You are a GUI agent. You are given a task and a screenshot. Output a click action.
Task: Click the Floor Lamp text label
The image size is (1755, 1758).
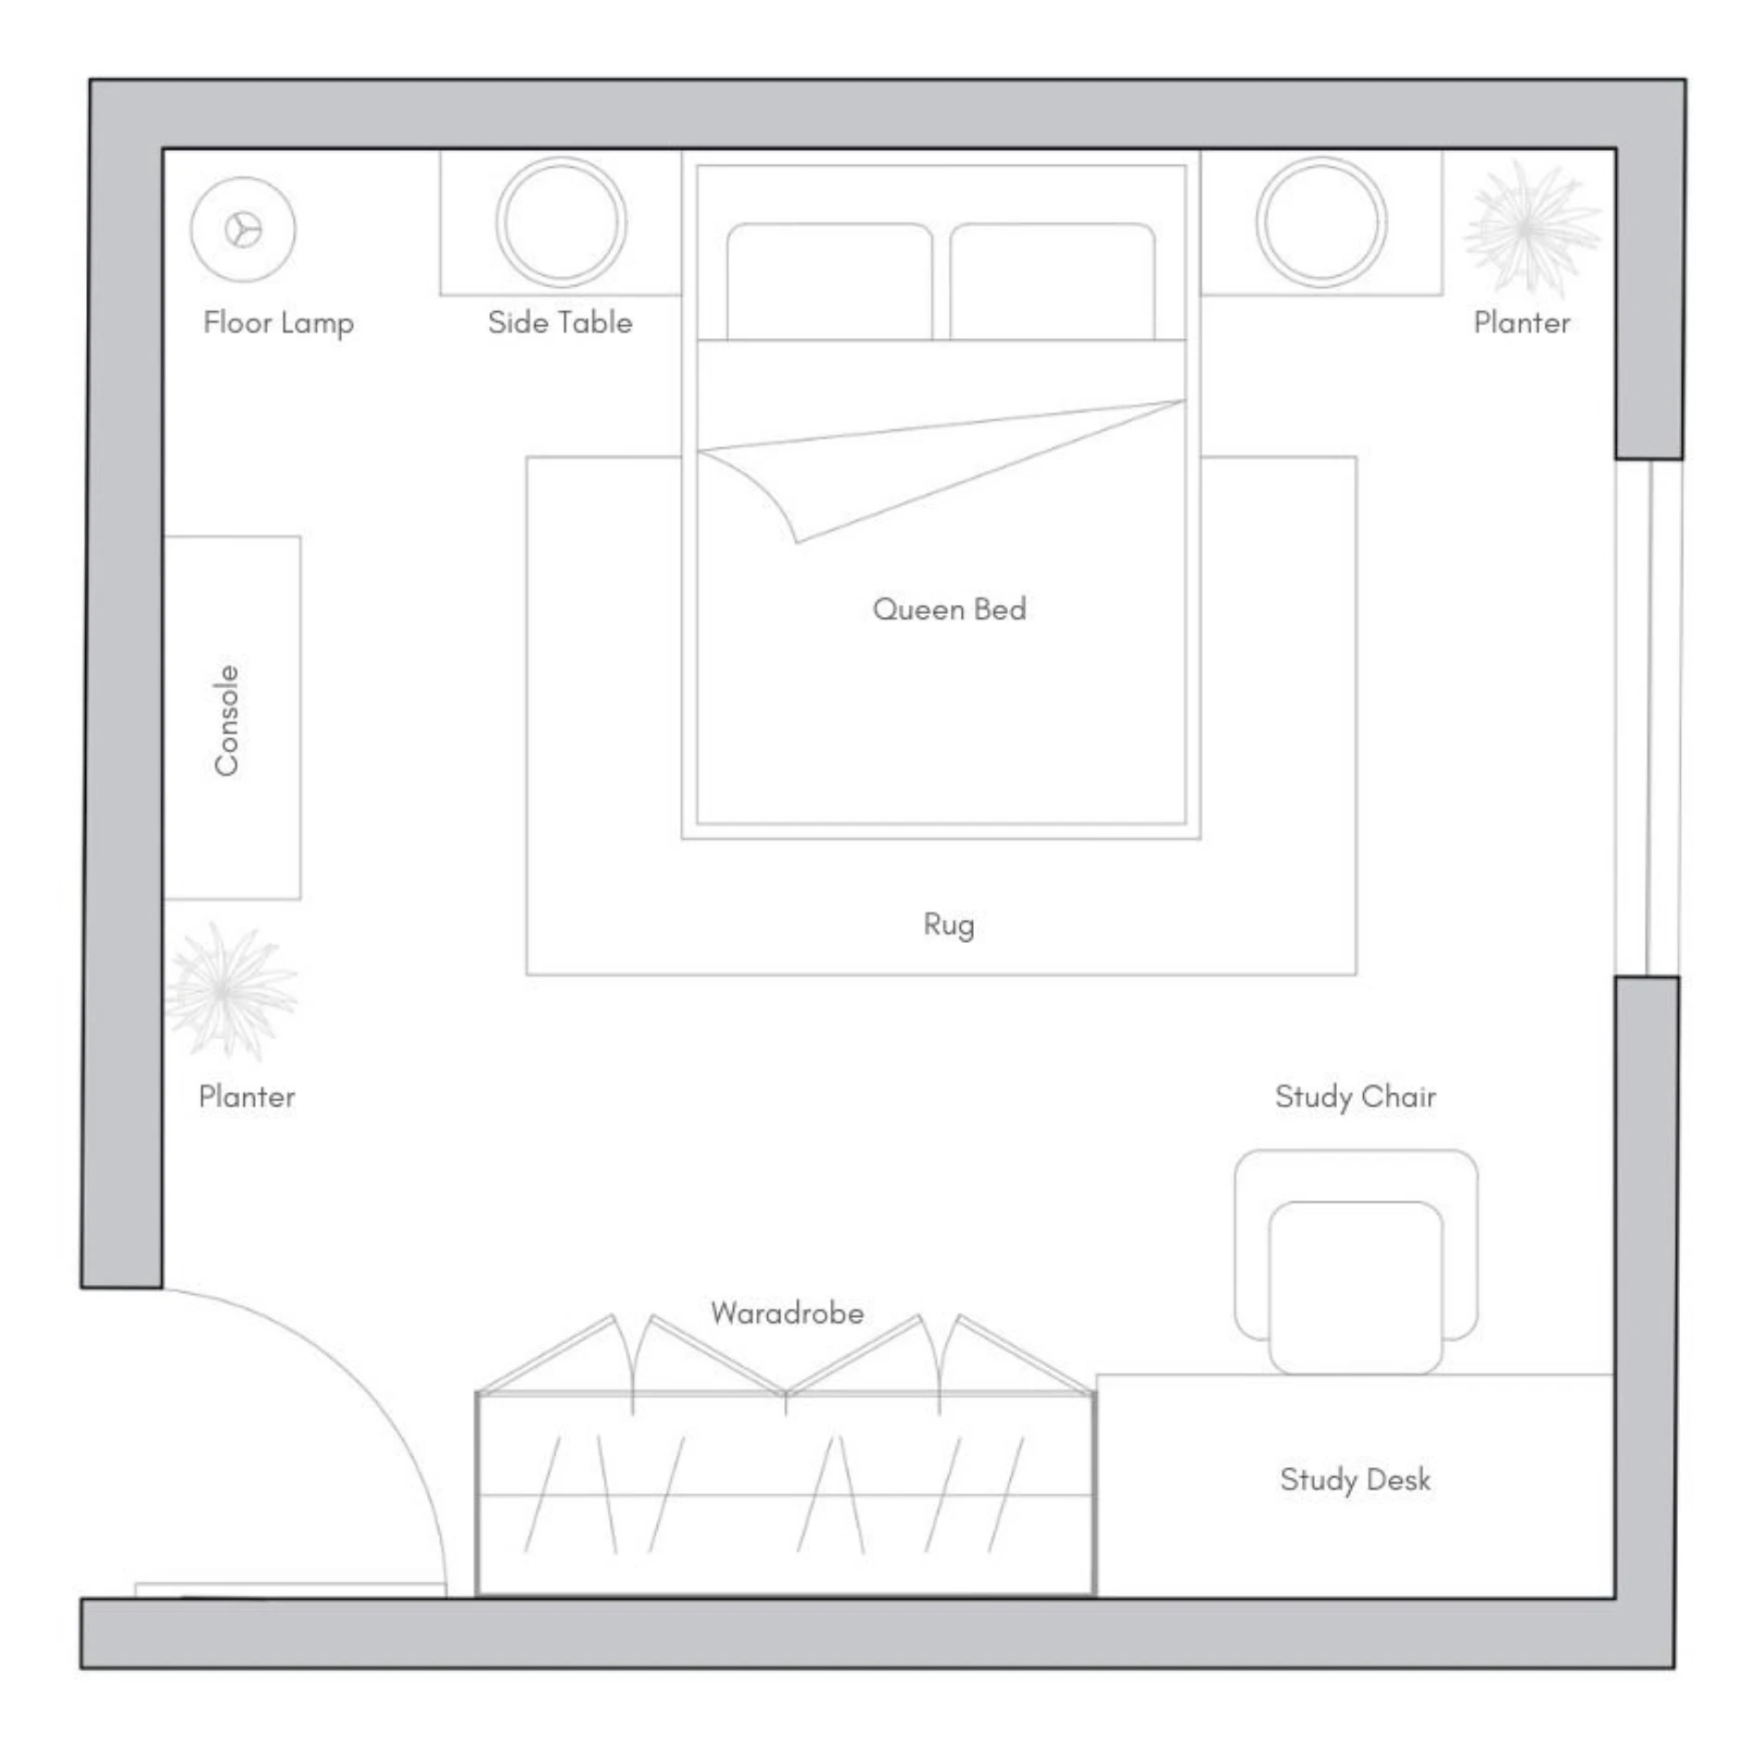(x=278, y=323)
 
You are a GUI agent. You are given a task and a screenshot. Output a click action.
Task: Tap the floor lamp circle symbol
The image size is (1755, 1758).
(x=243, y=230)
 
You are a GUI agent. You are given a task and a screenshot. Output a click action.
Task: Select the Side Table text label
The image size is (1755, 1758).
(x=560, y=323)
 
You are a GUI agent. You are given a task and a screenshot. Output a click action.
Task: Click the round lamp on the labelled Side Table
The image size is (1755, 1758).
(x=561, y=222)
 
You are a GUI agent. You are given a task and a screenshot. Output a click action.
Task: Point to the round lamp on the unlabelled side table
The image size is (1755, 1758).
(x=1321, y=222)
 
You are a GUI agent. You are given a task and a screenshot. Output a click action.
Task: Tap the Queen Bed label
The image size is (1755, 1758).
(x=949, y=609)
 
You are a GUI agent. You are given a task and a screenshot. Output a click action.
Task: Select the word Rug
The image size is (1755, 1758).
(x=949, y=924)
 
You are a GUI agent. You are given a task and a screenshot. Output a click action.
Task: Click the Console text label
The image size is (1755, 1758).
(x=227, y=720)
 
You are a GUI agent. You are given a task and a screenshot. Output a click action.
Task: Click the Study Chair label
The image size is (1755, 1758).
(x=1355, y=1097)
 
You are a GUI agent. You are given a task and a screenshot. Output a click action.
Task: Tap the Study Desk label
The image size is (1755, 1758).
(x=1355, y=1480)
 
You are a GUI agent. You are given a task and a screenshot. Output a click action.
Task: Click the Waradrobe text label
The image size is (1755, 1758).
(x=787, y=1313)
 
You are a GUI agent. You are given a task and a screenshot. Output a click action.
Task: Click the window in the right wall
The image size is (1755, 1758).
(x=1648, y=718)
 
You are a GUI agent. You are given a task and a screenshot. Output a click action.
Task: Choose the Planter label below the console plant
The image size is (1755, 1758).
(x=246, y=1097)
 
